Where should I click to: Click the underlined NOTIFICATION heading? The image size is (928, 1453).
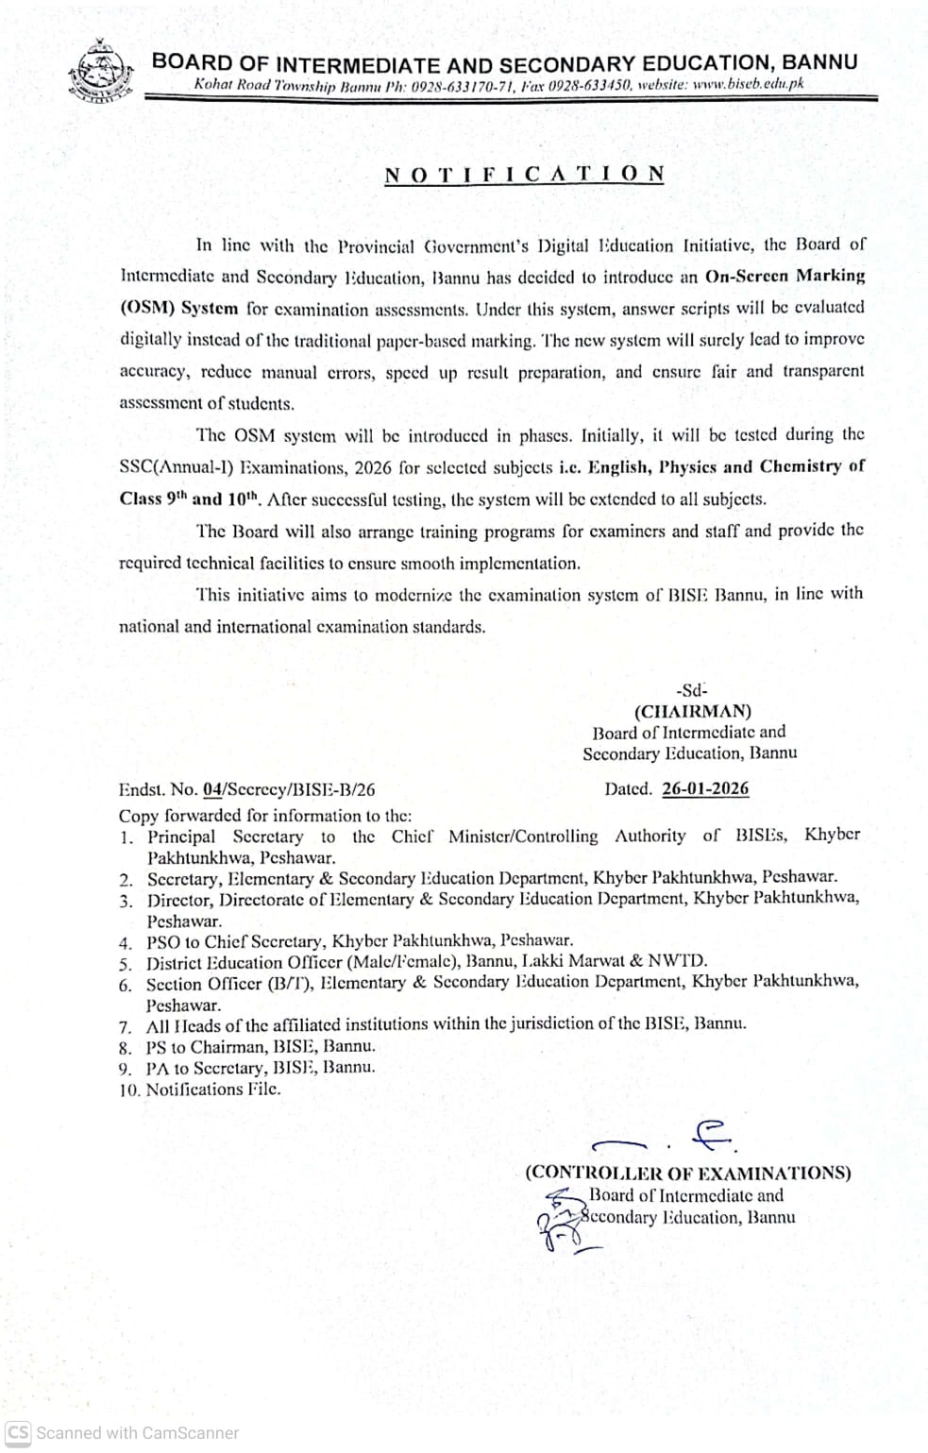(x=525, y=174)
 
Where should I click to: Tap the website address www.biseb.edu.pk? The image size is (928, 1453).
(x=748, y=84)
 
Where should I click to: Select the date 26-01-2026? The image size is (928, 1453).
(x=705, y=788)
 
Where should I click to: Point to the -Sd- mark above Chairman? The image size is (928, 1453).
(x=691, y=690)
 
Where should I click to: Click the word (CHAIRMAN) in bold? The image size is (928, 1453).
(x=692, y=711)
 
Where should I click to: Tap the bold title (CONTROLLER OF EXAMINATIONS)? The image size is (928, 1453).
(x=687, y=1173)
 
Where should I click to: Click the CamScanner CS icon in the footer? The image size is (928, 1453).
(x=18, y=1432)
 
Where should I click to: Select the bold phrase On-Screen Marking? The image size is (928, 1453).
(x=785, y=276)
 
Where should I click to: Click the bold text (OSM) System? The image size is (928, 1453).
(x=178, y=308)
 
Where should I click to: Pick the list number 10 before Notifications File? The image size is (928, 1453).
(x=128, y=1090)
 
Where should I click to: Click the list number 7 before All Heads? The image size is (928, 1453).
(x=125, y=1025)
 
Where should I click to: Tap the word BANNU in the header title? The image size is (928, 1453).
(x=820, y=62)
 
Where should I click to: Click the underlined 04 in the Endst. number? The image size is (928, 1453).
(x=211, y=789)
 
